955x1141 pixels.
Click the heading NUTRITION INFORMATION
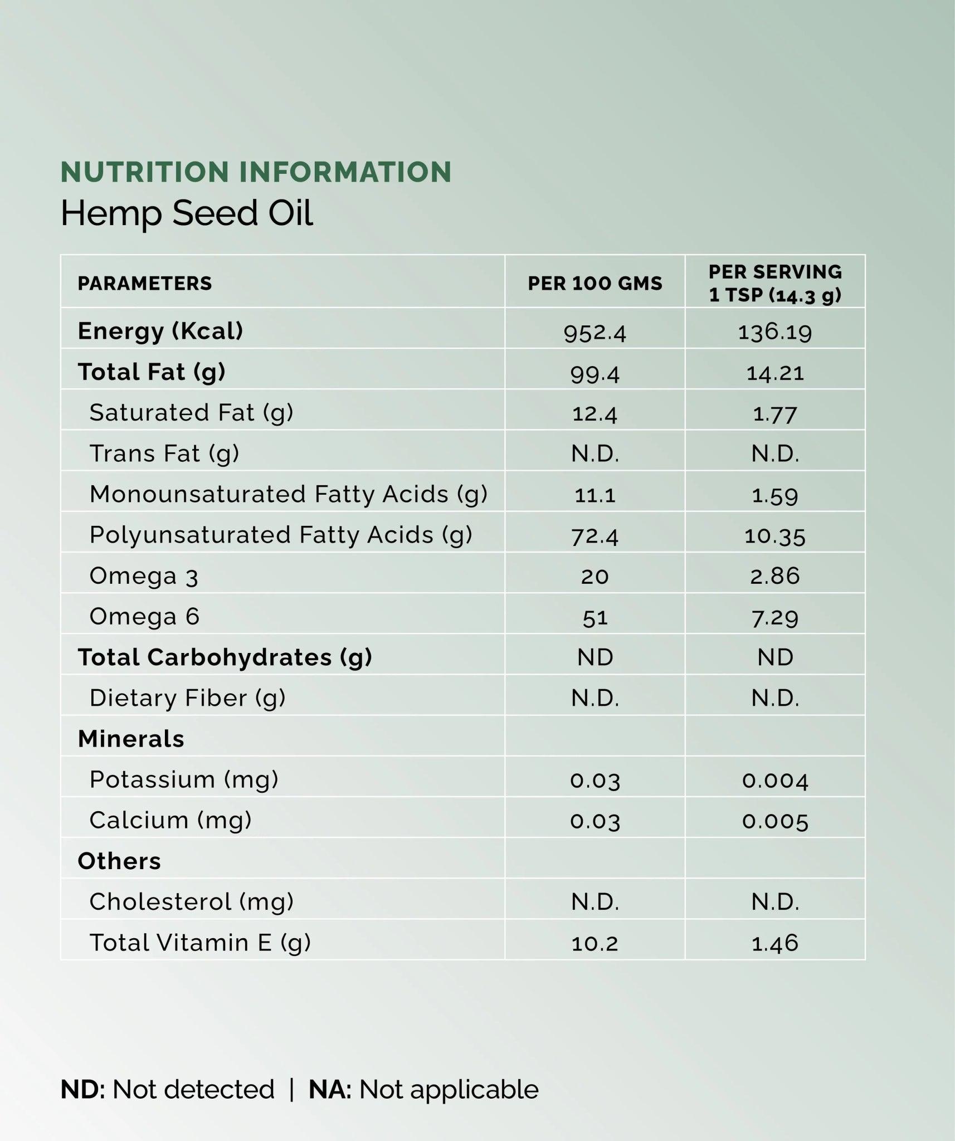[256, 172]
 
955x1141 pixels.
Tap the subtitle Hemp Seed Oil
[187, 213]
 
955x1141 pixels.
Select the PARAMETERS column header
[145, 283]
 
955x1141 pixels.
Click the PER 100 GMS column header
[595, 283]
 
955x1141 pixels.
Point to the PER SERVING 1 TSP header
[775, 283]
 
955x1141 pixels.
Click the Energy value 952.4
[595, 333]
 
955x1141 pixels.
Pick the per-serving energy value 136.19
[775, 332]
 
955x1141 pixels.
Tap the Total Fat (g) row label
[152, 372]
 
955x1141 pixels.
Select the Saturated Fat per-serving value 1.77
[775, 413]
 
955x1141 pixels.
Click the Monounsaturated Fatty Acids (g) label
[288, 494]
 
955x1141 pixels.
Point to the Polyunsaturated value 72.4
[595, 536]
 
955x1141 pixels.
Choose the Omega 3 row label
[144, 576]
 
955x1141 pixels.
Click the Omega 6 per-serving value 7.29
[775, 617]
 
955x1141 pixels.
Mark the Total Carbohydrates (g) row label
[225, 657]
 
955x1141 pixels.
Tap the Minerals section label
[131, 739]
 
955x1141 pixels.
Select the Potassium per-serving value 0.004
[775, 780]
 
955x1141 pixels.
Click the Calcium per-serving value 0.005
[775, 821]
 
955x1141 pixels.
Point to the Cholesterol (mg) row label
[191, 901]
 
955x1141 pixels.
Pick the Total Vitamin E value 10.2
[595, 943]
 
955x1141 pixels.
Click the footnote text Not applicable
[449, 1089]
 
